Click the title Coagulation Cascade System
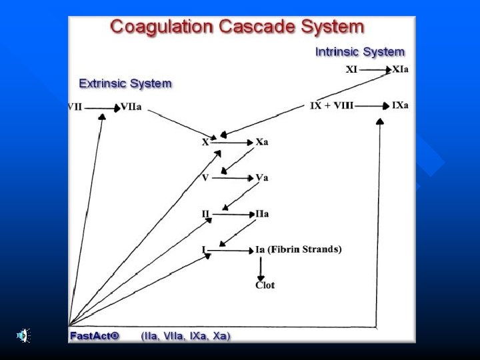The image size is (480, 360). click(237, 27)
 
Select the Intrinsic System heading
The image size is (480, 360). click(359, 51)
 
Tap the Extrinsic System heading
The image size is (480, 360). click(125, 83)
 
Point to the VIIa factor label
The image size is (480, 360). click(131, 107)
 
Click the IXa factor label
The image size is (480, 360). click(401, 105)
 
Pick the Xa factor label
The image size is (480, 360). click(262, 142)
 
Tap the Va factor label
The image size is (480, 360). click(262, 178)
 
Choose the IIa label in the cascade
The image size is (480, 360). click(262, 214)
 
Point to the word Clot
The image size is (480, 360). click(265, 285)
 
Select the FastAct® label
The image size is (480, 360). click(94, 335)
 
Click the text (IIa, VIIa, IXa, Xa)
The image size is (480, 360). click(185, 335)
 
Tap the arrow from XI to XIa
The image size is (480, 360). click(375, 69)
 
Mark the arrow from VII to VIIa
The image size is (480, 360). click(101, 107)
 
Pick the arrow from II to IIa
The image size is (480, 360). click(233, 214)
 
